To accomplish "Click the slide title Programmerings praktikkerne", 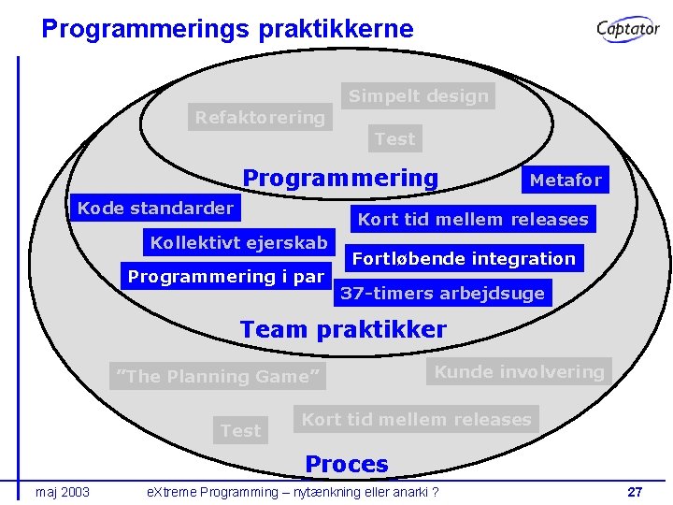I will coord(227,28).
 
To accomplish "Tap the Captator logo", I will coord(628,29).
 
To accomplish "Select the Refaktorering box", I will coord(260,118).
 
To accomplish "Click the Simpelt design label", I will coord(418,95).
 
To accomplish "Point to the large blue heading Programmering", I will coord(340,178).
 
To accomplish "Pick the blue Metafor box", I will coord(566,180).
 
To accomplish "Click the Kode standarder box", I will coord(155,208).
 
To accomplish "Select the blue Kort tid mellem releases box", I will coord(473,220).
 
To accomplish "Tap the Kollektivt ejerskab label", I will coord(239,243).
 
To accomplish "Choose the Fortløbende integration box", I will coord(464,258).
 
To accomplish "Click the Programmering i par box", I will coord(225,276).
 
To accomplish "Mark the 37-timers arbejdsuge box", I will coord(442,293).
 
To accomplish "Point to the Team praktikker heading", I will coord(343,329).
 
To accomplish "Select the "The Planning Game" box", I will coord(218,376).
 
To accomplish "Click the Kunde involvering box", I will coord(519,371).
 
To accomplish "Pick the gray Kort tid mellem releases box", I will coord(416,420).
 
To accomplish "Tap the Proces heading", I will coord(347,464).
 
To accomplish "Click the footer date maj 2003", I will coord(63,492).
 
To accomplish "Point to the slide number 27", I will coord(635,492).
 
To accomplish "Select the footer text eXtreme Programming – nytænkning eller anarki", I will coord(288,492).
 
